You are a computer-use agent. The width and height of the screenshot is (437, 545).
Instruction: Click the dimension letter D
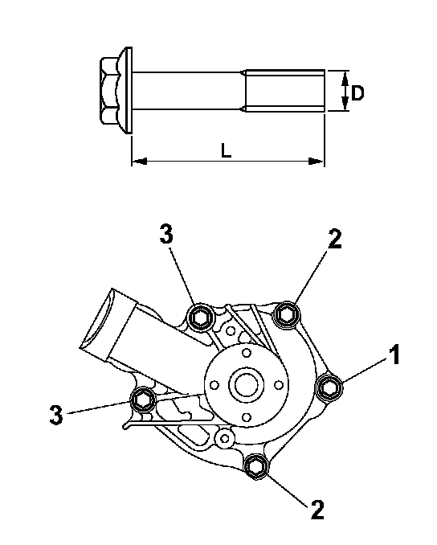357,93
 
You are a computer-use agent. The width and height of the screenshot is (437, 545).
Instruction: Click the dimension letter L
226,151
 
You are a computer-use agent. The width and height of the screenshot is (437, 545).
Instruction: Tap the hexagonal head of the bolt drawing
110,91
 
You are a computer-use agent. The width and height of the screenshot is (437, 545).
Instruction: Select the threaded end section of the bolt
285,91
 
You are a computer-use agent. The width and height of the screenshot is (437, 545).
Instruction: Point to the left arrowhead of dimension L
140,162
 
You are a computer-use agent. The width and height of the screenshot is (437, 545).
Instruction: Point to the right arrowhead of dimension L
317,162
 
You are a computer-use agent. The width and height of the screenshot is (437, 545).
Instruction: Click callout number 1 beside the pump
394,354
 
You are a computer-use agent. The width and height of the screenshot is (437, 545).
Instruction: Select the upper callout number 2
335,239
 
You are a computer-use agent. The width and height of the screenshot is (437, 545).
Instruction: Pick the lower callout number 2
317,510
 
